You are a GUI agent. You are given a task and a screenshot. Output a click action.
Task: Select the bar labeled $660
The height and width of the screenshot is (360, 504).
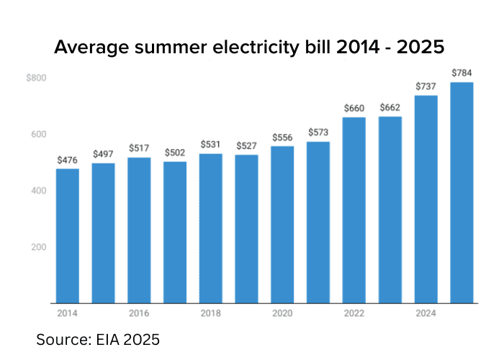(354, 210)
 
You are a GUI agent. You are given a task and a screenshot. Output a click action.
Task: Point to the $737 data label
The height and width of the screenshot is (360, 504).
(426, 86)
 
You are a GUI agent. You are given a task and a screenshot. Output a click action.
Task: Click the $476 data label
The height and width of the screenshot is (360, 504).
(67, 160)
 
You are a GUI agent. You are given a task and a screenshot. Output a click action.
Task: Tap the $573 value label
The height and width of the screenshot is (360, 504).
(318, 132)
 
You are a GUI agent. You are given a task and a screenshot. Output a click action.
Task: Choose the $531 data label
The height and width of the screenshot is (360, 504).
(211, 145)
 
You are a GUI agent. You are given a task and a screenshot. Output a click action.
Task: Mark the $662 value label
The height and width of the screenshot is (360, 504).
(390, 108)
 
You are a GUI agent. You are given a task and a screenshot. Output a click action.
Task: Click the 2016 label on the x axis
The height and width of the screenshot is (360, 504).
(139, 313)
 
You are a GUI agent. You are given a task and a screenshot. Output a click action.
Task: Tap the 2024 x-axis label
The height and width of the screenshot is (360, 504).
(426, 313)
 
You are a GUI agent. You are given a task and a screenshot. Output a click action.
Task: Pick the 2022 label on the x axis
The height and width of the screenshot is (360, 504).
(354, 313)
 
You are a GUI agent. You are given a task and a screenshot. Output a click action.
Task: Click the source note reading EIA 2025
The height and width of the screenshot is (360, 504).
(98, 338)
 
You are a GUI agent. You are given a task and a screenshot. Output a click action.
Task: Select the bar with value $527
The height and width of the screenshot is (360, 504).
(246, 228)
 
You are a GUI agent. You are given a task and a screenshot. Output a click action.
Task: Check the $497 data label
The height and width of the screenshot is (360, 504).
(103, 154)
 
